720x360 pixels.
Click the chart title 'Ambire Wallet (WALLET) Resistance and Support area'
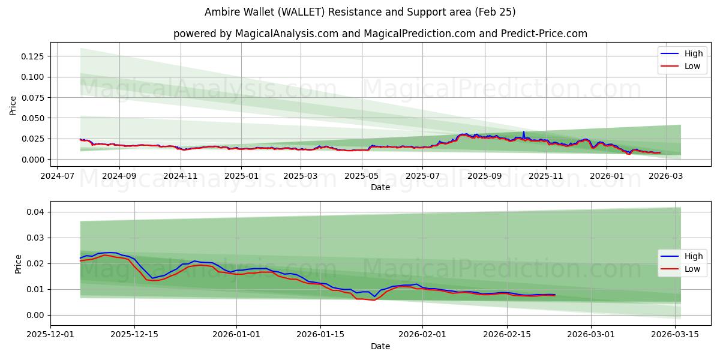click(x=360, y=12)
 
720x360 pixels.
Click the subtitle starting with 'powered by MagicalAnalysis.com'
click(x=380, y=34)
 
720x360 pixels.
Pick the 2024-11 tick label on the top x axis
click(x=180, y=176)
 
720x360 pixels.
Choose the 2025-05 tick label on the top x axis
click(x=362, y=176)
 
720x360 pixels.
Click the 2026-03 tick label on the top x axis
click(x=664, y=176)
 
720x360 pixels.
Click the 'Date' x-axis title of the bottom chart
click(x=380, y=346)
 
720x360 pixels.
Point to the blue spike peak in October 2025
click(x=523, y=132)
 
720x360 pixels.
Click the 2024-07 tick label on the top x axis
click(x=58, y=176)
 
